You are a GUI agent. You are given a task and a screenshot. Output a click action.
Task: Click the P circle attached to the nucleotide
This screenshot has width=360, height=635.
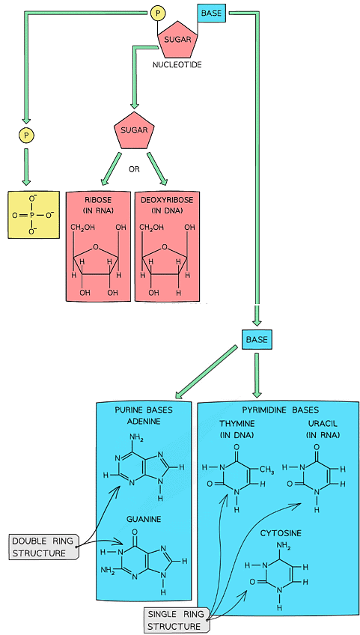click(157, 13)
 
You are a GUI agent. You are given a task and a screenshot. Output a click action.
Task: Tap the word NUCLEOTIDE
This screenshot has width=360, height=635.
click(177, 65)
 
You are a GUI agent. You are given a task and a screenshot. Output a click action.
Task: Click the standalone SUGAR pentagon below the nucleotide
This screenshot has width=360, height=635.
click(134, 132)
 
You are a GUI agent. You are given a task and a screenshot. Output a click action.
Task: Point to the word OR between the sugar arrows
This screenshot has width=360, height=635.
click(134, 169)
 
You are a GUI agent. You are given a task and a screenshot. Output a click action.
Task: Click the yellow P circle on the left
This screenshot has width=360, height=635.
click(25, 136)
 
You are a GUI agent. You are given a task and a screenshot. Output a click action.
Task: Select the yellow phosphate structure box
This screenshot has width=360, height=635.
click(31, 214)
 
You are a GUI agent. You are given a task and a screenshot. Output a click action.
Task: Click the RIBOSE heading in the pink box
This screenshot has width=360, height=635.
click(98, 201)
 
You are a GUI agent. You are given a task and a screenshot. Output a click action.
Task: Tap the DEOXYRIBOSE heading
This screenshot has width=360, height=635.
click(168, 201)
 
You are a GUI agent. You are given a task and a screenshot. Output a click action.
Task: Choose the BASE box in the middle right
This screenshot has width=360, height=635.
click(255, 340)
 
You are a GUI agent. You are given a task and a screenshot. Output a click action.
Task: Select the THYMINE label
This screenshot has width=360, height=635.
click(237, 424)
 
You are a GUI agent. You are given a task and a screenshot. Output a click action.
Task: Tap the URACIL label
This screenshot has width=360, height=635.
click(316, 424)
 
